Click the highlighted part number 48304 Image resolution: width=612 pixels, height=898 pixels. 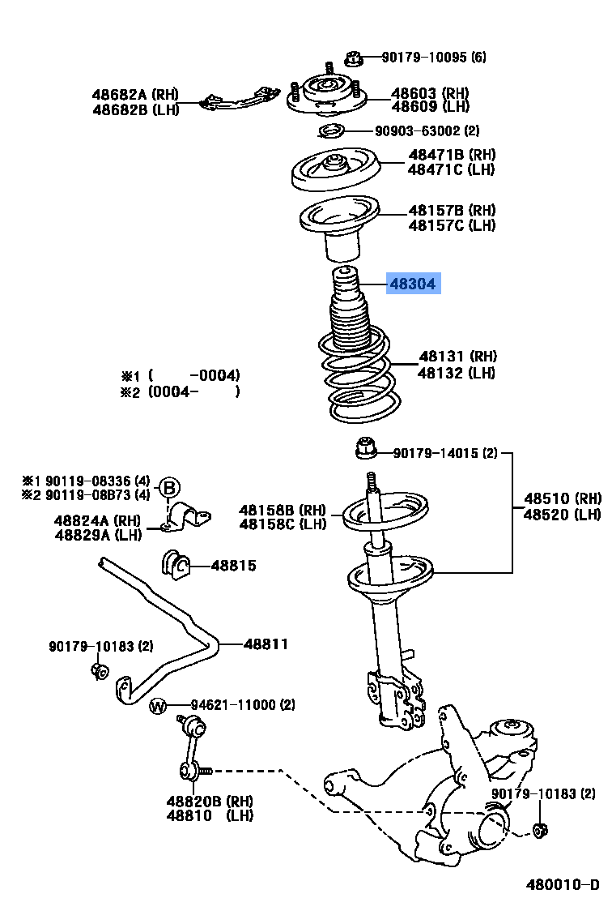(x=413, y=284)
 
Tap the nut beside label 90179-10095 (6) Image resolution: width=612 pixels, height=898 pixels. (x=352, y=58)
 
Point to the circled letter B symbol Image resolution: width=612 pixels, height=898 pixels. (x=168, y=488)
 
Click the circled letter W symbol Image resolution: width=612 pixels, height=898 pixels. (x=158, y=706)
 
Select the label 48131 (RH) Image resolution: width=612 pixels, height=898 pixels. (x=457, y=357)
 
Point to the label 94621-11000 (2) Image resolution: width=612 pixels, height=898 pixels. (x=231, y=706)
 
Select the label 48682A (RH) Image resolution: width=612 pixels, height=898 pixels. (x=135, y=95)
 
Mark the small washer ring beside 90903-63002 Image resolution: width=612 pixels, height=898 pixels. (x=329, y=130)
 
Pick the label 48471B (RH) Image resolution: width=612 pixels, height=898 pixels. (x=452, y=155)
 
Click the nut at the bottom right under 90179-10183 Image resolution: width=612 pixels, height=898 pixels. (x=542, y=829)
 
